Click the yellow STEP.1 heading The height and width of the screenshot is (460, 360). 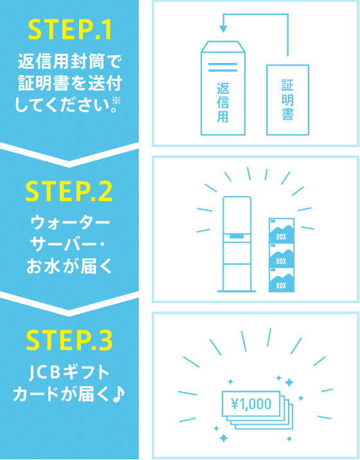click(x=70, y=30)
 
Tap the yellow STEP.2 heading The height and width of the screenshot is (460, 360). click(x=69, y=192)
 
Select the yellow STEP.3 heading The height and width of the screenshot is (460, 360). click(x=69, y=341)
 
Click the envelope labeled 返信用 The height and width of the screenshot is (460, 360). click(x=223, y=88)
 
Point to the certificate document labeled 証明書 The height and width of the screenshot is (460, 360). click(x=287, y=100)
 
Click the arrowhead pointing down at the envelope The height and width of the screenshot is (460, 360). click(x=223, y=29)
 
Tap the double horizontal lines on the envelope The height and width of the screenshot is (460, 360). click(x=222, y=67)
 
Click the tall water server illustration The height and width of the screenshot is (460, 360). click(x=237, y=244)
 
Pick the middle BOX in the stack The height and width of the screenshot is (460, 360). click(x=282, y=255)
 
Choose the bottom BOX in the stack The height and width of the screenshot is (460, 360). click(x=282, y=280)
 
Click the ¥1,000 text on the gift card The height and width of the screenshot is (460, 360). click(x=251, y=404)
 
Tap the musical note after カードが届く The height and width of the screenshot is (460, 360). click(x=119, y=394)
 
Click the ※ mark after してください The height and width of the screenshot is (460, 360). click(x=116, y=102)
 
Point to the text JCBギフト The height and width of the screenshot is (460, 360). click(x=69, y=373)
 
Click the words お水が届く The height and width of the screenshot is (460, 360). click(x=69, y=267)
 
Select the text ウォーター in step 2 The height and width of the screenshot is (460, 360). click(x=70, y=224)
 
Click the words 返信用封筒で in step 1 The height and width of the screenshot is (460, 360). click(x=69, y=62)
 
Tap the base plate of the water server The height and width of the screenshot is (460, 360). click(x=237, y=291)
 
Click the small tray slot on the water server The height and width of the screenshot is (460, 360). click(x=237, y=236)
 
